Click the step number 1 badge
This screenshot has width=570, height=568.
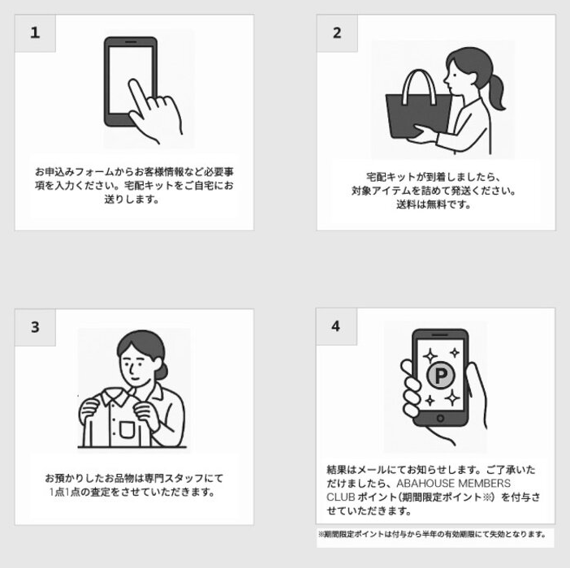click(35, 33)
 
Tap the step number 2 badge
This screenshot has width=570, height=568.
click(337, 33)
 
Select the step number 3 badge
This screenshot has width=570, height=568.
click(35, 327)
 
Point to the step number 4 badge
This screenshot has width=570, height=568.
click(336, 326)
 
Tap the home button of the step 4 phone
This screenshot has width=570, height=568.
click(440, 418)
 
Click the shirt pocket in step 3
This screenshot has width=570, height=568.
click(127, 429)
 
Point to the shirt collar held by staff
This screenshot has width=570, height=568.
click(115, 396)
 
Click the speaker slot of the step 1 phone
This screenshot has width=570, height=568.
click(131, 41)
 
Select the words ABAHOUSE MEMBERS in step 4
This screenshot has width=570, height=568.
click(454, 484)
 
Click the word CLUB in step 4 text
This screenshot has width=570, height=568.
click(340, 497)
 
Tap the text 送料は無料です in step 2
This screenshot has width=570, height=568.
click(434, 204)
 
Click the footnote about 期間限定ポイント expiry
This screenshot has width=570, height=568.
click(432, 534)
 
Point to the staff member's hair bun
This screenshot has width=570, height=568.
click(162, 371)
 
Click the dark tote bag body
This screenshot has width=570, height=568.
click(418, 115)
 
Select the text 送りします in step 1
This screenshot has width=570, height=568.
click(132, 199)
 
